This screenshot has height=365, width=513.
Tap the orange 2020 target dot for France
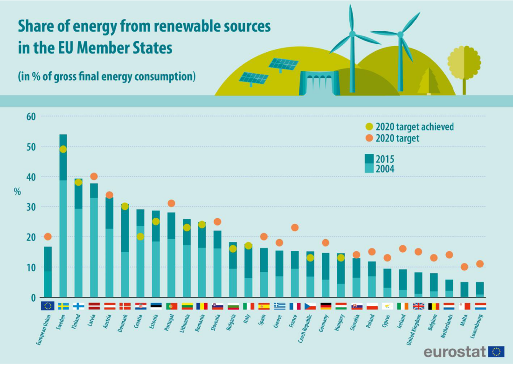click(294, 227)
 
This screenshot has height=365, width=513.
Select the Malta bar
click(464, 289)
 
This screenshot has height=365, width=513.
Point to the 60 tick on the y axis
click(31, 116)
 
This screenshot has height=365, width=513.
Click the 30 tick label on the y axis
click(31, 207)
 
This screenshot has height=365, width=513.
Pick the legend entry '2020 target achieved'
click(409, 126)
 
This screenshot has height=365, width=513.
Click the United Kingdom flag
click(418, 306)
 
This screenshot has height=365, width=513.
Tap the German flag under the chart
click(326, 306)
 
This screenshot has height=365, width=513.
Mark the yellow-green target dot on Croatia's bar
click(140, 237)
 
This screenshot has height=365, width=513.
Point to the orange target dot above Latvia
click(94, 176)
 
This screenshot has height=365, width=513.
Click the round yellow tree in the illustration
click(464, 63)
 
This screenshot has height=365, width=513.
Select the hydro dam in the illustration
click(319, 83)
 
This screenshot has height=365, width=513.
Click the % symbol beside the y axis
click(17, 192)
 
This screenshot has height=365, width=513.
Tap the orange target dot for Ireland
click(403, 249)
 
